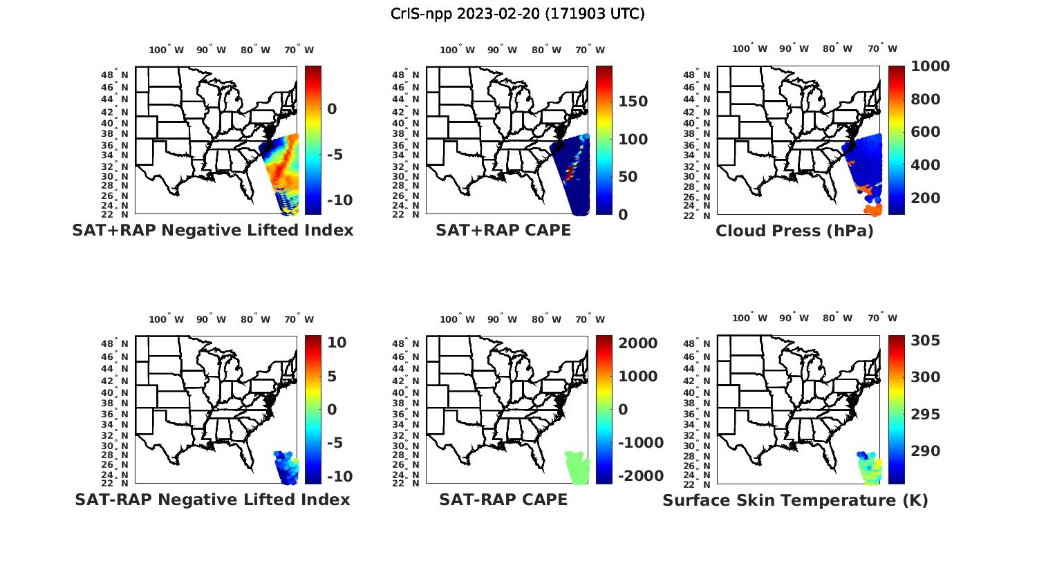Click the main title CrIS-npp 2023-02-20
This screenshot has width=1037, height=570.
(517, 14)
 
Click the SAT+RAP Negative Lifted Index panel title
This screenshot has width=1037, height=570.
(213, 230)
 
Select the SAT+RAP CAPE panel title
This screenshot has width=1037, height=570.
(503, 230)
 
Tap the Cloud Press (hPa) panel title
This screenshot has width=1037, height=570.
(794, 231)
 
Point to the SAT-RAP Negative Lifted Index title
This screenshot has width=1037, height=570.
(212, 500)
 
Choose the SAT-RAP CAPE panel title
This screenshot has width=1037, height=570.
(503, 500)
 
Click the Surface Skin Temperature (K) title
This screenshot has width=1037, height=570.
(795, 500)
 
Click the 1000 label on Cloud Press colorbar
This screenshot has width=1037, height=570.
(930, 66)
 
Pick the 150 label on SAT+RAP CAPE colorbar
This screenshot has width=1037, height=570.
(633, 102)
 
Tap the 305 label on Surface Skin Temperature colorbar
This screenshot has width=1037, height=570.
(925, 341)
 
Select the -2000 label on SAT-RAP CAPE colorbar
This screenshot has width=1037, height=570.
(640, 476)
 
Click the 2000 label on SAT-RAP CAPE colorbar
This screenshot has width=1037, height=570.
(637, 343)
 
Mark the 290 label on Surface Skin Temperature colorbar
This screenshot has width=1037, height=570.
(925, 451)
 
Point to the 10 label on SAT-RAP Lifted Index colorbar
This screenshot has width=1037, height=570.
(337, 343)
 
